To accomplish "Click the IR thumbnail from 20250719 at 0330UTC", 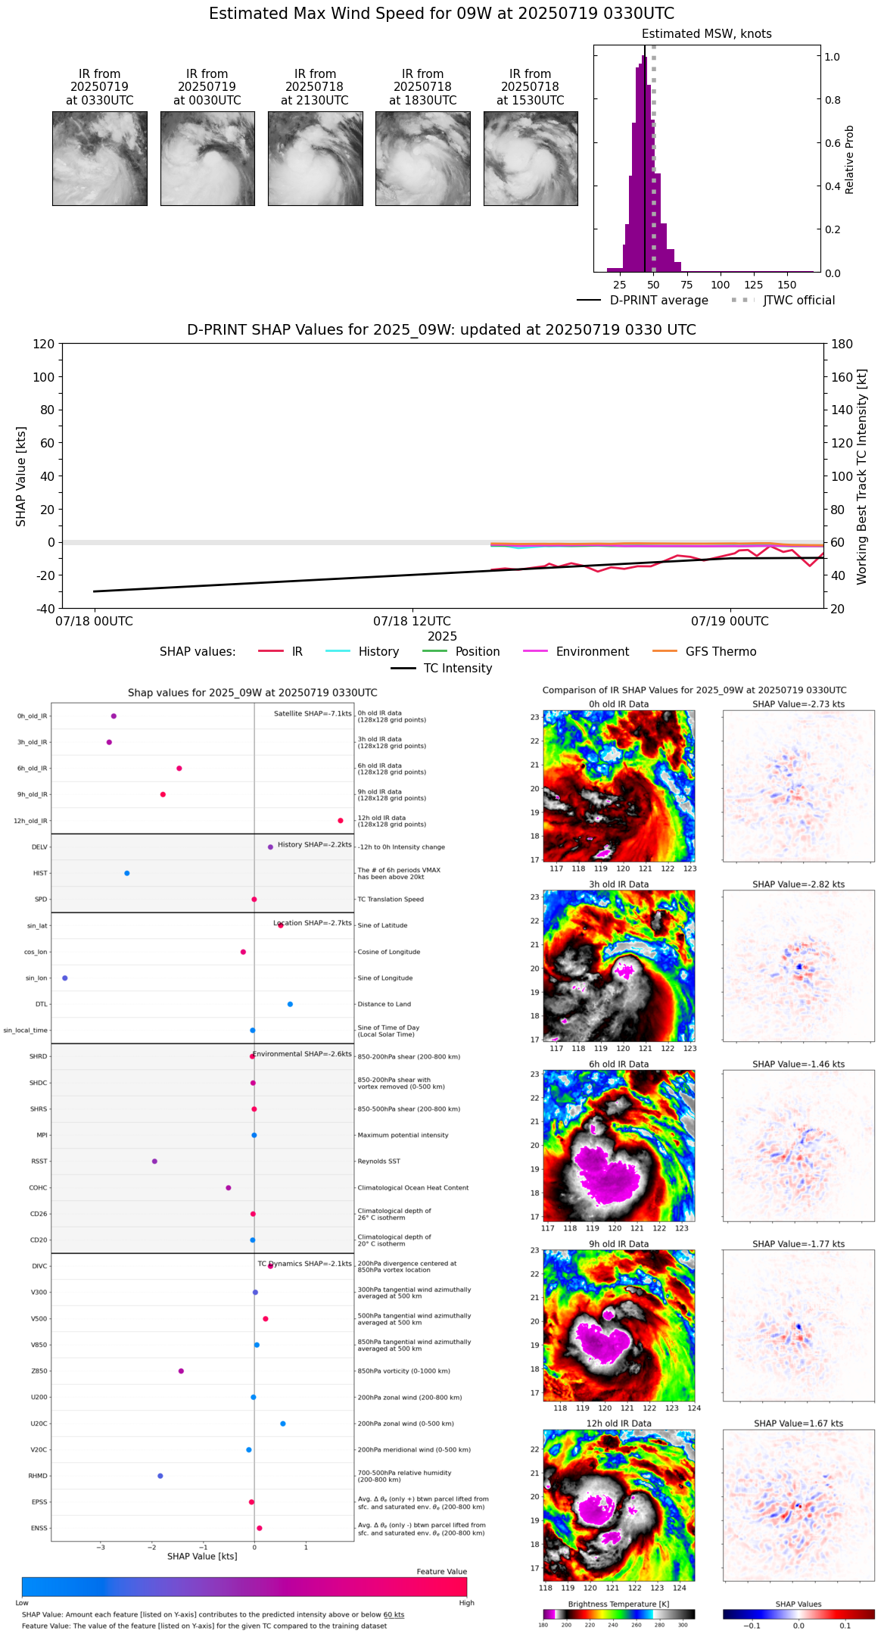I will pos(99,158).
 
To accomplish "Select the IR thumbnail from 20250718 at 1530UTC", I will pos(531,158).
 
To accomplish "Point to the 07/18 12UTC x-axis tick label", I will pos(412,621).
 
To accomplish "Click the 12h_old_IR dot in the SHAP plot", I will pos(341,821).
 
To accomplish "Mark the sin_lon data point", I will pos(65,978).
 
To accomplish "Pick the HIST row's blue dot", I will pos(127,873).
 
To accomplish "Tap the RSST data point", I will pos(154,1161).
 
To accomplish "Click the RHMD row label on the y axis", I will pos(38,1476).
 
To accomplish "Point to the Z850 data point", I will pos(181,1371).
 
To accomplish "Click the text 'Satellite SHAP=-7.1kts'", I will pos(313,713).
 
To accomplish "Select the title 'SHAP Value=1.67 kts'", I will pos(798,1424).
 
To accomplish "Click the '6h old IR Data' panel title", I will pos(618,1064).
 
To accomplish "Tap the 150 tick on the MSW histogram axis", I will pos(787,285).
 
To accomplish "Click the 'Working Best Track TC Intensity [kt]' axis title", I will pos(862,477).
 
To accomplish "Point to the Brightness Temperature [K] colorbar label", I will pos(618,1604).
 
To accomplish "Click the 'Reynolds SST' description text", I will pos(378,1161).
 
